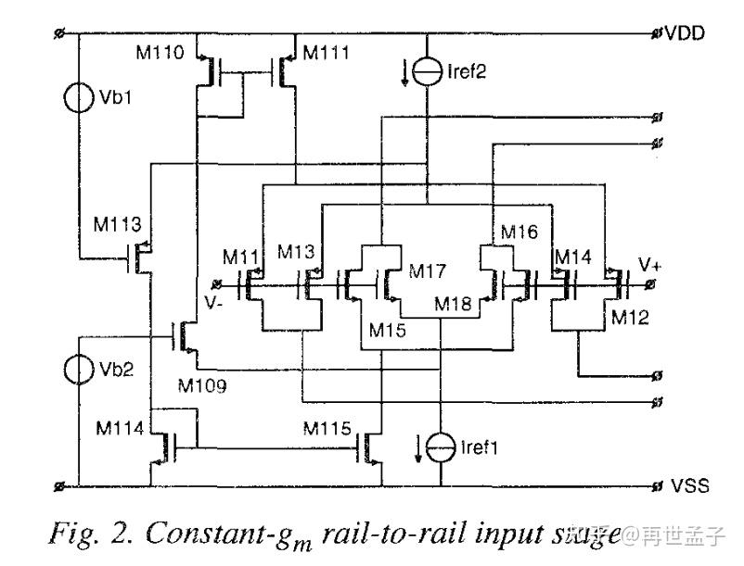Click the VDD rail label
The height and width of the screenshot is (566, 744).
coord(685,33)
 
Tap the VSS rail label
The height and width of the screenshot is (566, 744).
coord(687,486)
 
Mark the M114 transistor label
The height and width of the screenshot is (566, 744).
coord(120,428)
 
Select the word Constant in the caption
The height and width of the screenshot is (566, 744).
coord(205,535)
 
